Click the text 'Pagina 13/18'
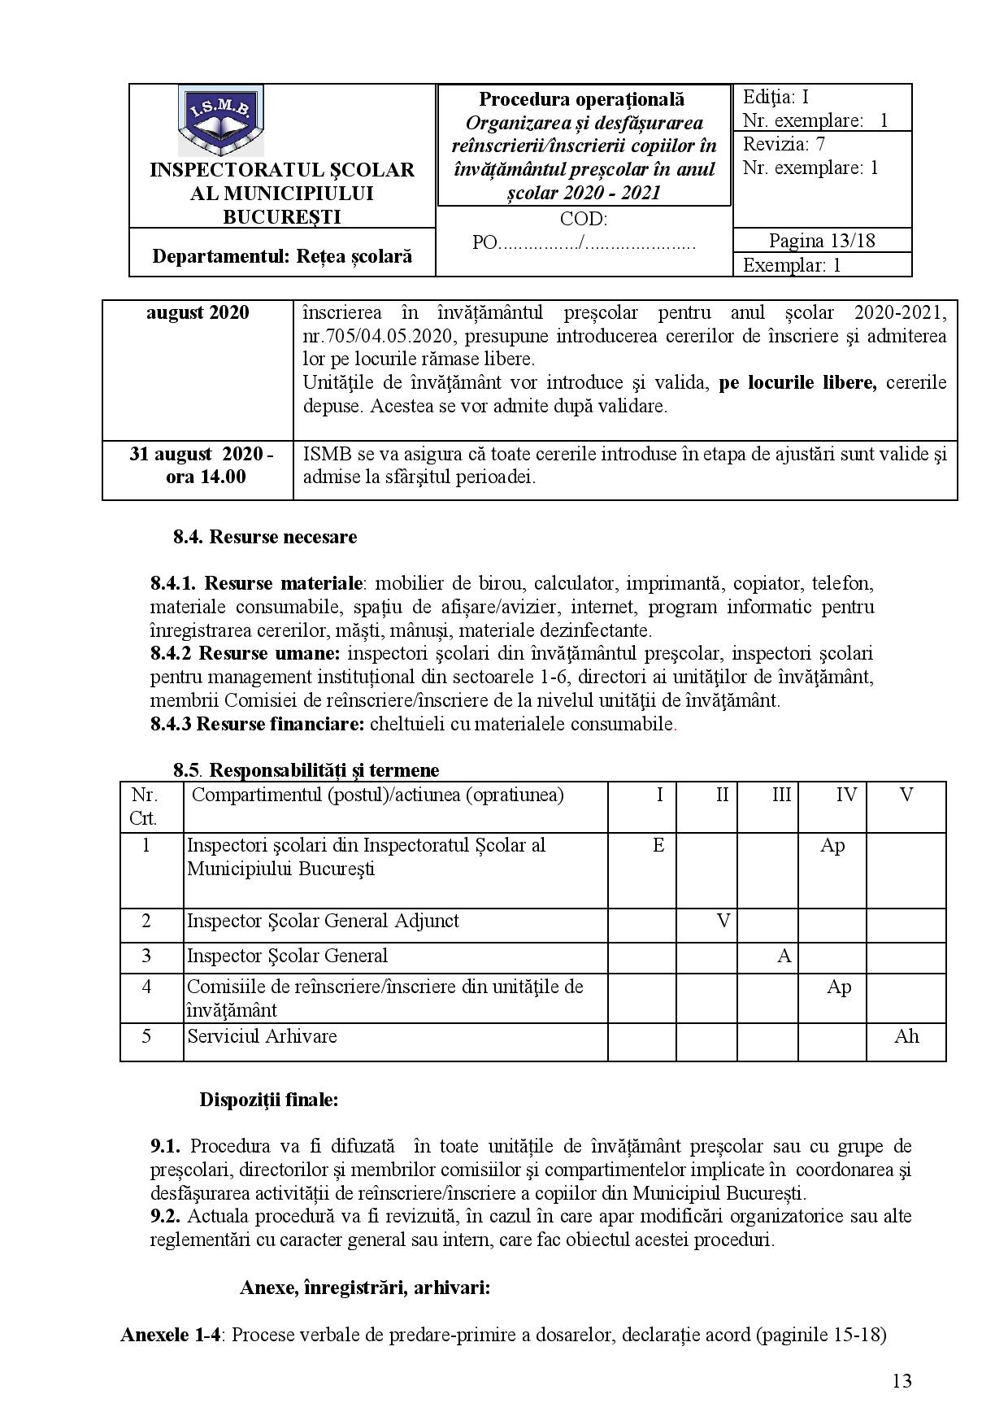click(x=822, y=241)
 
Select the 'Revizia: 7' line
click(x=783, y=145)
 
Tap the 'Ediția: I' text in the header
click(x=776, y=98)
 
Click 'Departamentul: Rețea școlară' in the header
click(x=282, y=256)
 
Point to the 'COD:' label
click(x=583, y=219)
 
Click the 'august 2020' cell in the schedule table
click(x=198, y=313)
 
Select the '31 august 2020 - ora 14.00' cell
click(x=201, y=465)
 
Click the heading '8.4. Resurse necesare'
click(x=265, y=537)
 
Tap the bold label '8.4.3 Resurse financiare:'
click(x=257, y=724)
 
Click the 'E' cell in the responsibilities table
click(x=658, y=846)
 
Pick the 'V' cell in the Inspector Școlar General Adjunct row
click(x=723, y=921)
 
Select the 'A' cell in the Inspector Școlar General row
click(x=784, y=956)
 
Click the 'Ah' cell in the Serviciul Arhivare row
click(x=906, y=1036)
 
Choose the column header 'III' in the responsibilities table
click(x=781, y=795)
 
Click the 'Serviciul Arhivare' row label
click(x=262, y=1036)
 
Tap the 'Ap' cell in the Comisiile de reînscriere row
click(x=839, y=987)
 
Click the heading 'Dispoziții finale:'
click(x=269, y=1100)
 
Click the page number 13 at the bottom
click(x=902, y=1381)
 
